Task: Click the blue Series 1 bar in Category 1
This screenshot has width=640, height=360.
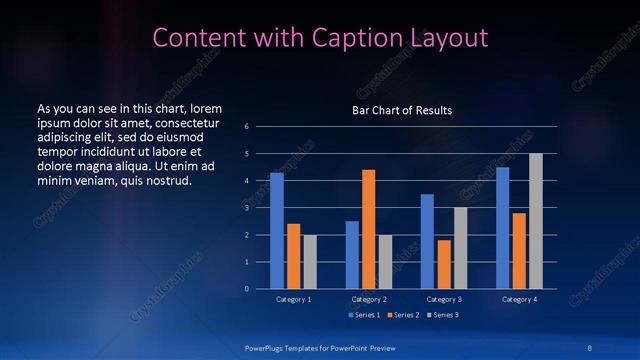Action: tap(277, 231)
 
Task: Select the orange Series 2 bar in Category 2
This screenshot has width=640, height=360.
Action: tap(369, 229)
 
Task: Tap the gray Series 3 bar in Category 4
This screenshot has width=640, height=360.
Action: tap(536, 221)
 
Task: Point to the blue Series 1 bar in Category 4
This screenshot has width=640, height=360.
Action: tap(503, 228)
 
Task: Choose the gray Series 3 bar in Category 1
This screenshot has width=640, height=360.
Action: tap(310, 262)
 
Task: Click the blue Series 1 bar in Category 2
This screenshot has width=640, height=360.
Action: tap(352, 255)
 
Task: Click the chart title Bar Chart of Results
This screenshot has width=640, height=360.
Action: tap(402, 110)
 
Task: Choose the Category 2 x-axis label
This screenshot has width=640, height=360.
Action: tap(369, 299)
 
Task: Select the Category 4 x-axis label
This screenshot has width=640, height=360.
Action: tap(519, 299)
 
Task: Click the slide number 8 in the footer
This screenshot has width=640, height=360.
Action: tap(588, 347)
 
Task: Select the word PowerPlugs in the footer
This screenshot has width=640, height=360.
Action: tap(270, 347)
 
